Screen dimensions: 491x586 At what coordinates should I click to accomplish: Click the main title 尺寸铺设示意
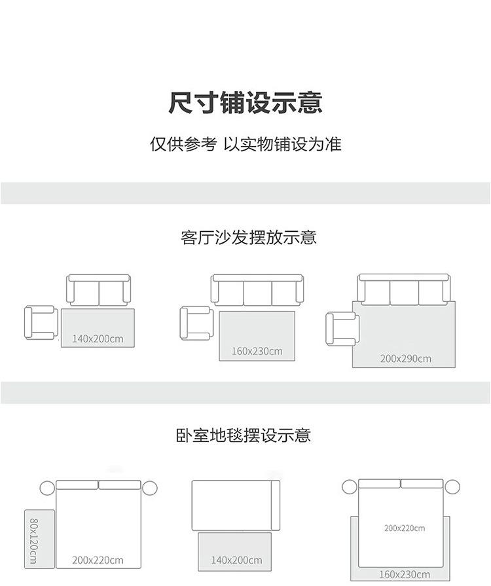(245, 103)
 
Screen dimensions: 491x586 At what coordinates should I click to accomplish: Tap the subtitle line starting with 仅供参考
(245, 144)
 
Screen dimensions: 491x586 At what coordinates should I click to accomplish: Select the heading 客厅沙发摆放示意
(248, 238)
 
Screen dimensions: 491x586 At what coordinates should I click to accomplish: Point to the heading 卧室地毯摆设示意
(244, 435)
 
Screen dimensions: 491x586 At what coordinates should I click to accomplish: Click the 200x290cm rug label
(405, 358)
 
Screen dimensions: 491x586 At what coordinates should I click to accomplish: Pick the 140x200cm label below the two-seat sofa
(98, 339)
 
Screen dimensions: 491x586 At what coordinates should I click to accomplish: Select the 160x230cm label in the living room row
(257, 351)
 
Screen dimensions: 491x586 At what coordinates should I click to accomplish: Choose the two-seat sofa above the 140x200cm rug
(99, 290)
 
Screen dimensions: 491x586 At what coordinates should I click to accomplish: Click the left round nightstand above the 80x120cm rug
(47, 488)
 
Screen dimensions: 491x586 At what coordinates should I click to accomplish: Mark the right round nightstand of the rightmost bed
(452, 487)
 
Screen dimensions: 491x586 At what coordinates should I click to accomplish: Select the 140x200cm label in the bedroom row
(236, 560)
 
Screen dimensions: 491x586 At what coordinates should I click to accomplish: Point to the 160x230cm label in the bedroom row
(403, 574)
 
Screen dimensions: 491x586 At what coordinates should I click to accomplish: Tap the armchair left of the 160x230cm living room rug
(196, 323)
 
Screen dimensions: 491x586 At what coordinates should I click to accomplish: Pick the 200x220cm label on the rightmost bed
(404, 528)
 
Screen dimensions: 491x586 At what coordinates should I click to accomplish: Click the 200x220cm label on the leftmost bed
(98, 560)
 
